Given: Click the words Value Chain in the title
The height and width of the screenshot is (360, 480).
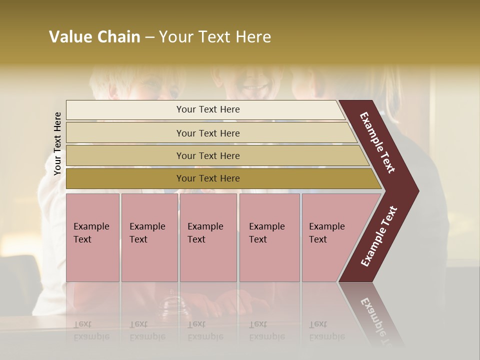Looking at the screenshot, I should (94, 37).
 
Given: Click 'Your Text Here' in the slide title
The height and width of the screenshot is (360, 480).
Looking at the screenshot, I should (215, 37).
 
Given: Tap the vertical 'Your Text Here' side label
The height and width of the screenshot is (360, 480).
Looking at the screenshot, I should (57, 143).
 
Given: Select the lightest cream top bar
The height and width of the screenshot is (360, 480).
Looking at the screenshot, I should (125, 110).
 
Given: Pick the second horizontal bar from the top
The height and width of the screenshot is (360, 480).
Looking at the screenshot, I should (125, 133).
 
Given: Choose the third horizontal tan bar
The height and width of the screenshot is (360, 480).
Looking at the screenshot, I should (125, 155).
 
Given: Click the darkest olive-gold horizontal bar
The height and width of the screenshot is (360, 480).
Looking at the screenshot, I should (125, 178).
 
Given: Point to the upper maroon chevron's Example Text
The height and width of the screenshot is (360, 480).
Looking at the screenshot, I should (377, 142).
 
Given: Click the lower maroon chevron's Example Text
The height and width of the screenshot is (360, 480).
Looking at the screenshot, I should (378, 236).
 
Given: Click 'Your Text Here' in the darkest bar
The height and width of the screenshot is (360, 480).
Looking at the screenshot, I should (208, 178).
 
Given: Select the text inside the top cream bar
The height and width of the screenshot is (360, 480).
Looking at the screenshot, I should (208, 109).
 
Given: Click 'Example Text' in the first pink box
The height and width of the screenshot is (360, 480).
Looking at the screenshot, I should (91, 233).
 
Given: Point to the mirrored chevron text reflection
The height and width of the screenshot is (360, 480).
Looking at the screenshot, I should (377, 320).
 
